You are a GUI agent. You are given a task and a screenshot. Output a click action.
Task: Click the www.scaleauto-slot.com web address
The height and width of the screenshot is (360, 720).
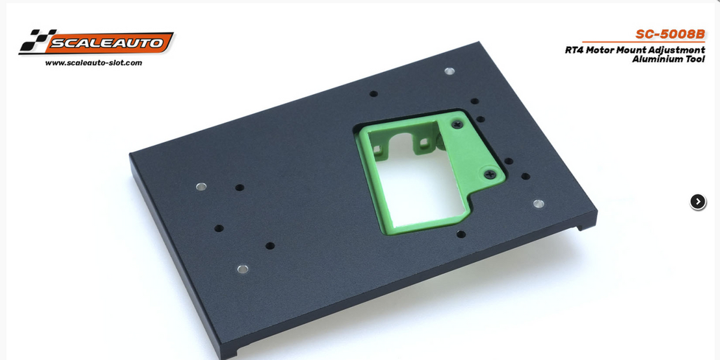click(94, 62)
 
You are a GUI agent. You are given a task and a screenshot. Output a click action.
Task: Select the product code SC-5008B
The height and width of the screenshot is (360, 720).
click(670, 34)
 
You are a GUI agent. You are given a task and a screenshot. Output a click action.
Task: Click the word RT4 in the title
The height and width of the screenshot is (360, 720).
click(574, 50)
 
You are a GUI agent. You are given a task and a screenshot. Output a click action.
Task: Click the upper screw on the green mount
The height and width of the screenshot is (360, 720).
click(457, 124)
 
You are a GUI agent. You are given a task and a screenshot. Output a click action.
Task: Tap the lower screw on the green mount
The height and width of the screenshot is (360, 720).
click(490, 174)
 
